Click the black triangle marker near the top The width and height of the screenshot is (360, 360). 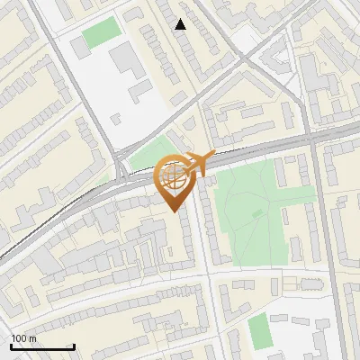click(181, 24)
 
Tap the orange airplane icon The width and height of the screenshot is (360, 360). click(197, 164)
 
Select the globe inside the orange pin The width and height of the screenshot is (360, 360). click(174, 176)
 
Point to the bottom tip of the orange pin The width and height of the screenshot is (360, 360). click(175, 211)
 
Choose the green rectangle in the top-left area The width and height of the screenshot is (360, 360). click(100, 33)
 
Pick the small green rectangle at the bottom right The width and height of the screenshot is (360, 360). click(259, 330)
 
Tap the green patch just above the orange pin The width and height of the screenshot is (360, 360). click(148, 153)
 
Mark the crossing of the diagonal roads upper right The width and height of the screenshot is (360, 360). click(244, 59)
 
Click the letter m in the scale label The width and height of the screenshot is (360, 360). click(33, 338)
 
